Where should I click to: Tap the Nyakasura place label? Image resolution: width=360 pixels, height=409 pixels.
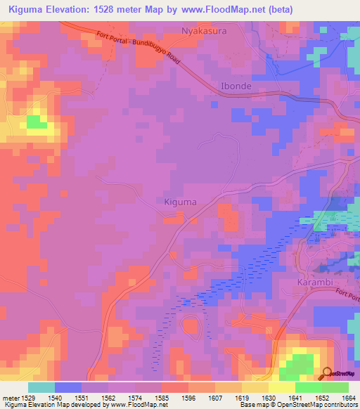point(205,31)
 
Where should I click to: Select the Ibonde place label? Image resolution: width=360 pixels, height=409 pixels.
point(236,86)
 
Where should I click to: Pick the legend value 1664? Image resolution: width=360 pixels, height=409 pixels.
point(347,398)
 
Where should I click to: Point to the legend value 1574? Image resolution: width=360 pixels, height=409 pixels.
point(134,398)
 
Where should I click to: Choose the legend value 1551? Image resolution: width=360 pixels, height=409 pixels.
point(80,398)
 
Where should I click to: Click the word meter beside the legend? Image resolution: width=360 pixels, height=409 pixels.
point(9,398)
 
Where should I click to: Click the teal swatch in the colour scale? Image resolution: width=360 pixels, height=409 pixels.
point(41,387)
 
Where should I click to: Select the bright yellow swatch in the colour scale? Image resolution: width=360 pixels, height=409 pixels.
point(282,387)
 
